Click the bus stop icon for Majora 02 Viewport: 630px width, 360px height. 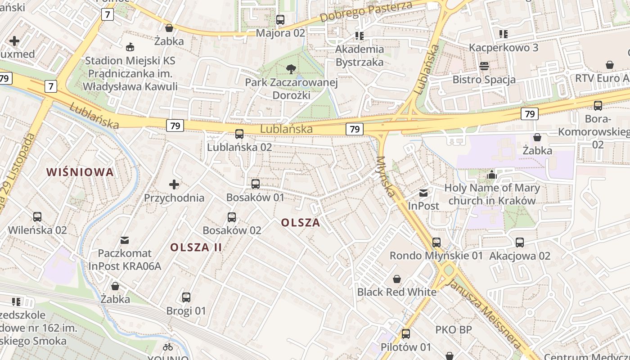click(x=280, y=20)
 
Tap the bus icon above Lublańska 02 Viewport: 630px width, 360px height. click(x=239, y=134)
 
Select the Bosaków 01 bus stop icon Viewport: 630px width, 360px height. click(x=256, y=184)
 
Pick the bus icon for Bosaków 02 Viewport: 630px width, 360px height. click(x=232, y=218)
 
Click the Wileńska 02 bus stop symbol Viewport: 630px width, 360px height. click(x=37, y=217)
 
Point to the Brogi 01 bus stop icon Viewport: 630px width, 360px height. click(x=186, y=297)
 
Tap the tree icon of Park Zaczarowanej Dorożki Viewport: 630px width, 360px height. click(x=291, y=69)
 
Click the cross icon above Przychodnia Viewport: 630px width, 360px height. click(x=174, y=184)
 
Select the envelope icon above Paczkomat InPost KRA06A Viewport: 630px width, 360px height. click(x=125, y=240)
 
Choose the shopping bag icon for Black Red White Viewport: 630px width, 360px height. click(x=397, y=279)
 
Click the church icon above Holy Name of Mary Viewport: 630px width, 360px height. click(x=492, y=175)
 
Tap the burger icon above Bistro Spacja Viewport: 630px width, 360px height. click(x=484, y=67)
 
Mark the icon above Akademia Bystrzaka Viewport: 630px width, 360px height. click(x=359, y=36)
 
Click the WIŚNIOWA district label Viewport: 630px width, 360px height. click(x=80, y=172)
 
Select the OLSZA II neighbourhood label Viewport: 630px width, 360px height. click(x=196, y=247)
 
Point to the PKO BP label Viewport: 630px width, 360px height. click(x=454, y=330)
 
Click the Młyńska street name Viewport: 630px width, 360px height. click(x=387, y=176)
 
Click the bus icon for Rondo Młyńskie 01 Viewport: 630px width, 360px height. click(x=436, y=243)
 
